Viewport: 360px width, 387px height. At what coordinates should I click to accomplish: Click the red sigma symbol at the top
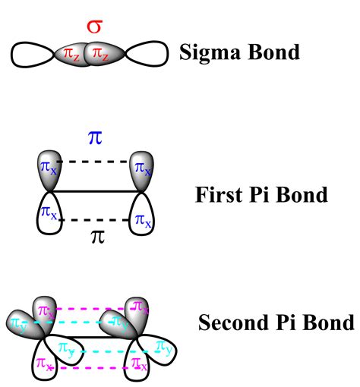(x=94, y=27)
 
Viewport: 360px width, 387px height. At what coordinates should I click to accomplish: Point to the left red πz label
(x=74, y=55)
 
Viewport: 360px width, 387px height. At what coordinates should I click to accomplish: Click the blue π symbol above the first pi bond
(x=95, y=141)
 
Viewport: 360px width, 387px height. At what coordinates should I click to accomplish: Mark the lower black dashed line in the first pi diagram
(x=94, y=220)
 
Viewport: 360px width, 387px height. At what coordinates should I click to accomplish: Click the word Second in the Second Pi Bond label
(x=232, y=323)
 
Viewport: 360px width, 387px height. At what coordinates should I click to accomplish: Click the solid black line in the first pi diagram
(x=94, y=191)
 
